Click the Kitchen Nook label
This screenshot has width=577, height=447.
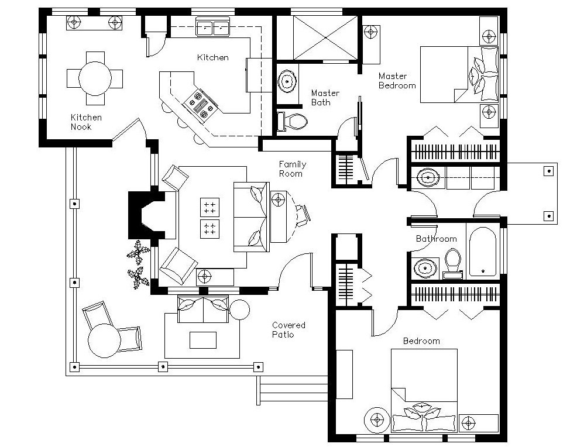coord(86,122)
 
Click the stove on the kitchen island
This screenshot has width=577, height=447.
coord(201,104)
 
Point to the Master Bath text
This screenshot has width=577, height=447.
coord(324,98)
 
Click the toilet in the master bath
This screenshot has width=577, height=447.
coord(295,122)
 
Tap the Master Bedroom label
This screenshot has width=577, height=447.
coord(397,80)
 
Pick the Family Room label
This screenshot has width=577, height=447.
coord(292,169)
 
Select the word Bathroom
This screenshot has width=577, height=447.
coord(436,239)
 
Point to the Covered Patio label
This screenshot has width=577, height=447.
coord(288,329)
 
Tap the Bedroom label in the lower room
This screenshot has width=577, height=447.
coord(421,341)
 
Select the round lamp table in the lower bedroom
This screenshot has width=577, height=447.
coord(376,418)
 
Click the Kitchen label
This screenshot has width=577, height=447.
coord(212,57)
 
